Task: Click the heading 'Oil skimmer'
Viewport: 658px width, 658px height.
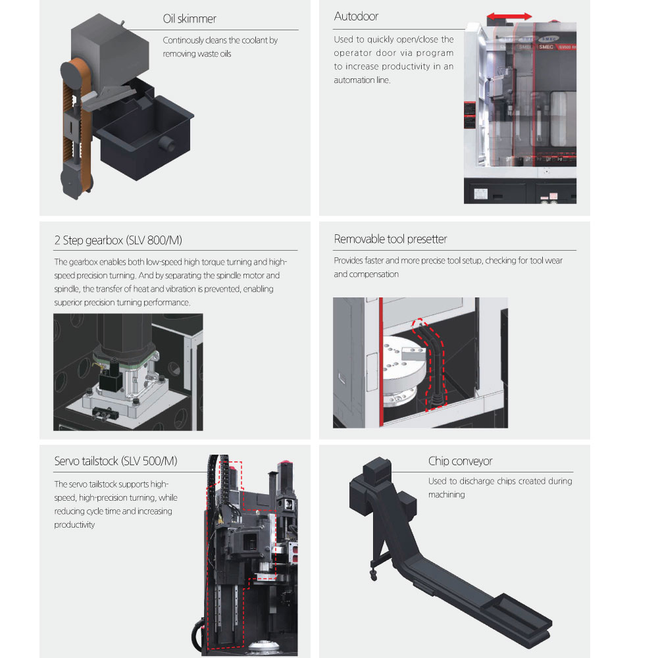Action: (190, 19)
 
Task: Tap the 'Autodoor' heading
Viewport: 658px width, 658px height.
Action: (356, 16)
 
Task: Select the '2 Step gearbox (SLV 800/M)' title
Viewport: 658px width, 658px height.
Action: (118, 240)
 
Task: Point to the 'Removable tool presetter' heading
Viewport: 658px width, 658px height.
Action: (390, 240)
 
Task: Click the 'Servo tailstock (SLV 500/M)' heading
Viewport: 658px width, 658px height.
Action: (116, 461)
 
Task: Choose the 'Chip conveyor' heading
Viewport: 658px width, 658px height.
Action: (460, 461)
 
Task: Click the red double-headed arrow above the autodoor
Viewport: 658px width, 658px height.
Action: (509, 17)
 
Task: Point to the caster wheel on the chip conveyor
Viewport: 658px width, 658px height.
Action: (374, 576)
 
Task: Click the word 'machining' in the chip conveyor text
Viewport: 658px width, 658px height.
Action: (447, 495)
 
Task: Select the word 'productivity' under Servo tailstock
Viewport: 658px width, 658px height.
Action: (74, 525)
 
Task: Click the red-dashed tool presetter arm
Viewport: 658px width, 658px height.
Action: (430, 363)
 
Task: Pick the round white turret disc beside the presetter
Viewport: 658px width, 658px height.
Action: (403, 363)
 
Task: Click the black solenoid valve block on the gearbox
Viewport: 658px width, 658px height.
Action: (111, 378)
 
